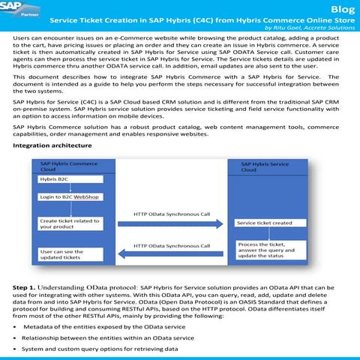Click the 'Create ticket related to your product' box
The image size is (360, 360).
click(72, 223)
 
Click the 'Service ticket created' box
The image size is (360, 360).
click(264, 223)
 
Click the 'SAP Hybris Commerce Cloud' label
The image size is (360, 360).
click(69, 166)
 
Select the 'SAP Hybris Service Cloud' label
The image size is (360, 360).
click(265, 166)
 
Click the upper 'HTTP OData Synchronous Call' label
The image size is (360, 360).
click(172, 214)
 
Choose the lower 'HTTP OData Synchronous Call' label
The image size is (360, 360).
click(172, 244)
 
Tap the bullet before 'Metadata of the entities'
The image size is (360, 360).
click(16, 328)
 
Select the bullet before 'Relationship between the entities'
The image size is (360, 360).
click(16, 338)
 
